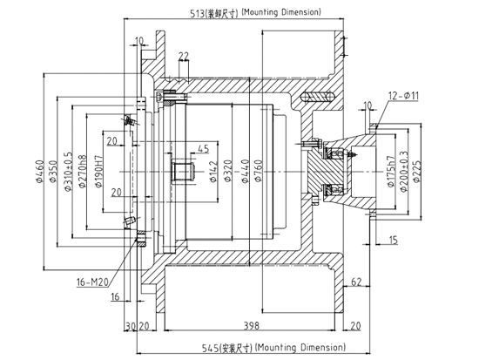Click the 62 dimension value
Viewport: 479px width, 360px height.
[357, 281]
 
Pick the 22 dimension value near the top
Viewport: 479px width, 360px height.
[183, 57]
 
